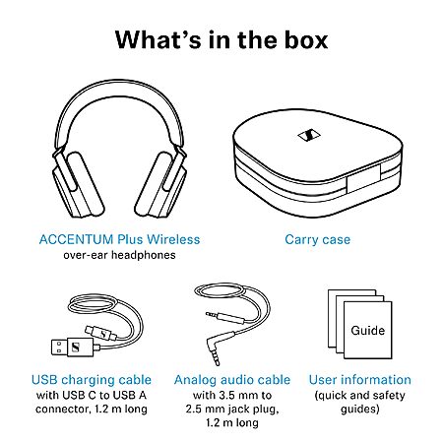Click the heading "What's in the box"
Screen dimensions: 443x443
(221, 40)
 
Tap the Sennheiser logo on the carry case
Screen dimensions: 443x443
(309, 135)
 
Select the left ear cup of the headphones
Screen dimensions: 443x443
(78, 184)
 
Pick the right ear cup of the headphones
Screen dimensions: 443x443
(161, 184)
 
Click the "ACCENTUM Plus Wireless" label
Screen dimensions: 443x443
(119, 239)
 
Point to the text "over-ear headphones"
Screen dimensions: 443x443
(119, 255)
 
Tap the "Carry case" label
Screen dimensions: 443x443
(317, 239)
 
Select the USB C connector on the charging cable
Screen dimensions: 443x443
(101, 334)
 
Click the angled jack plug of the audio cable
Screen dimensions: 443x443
(218, 348)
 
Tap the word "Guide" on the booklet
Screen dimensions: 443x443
(367, 330)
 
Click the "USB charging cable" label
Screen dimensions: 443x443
(92, 380)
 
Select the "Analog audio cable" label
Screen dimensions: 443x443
(232, 380)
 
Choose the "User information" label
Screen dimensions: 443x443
(360, 380)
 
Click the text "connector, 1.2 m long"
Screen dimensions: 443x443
(92, 409)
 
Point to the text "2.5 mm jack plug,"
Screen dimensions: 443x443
(232, 409)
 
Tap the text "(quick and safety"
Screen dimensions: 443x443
(360, 395)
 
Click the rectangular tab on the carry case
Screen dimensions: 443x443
(363, 179)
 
